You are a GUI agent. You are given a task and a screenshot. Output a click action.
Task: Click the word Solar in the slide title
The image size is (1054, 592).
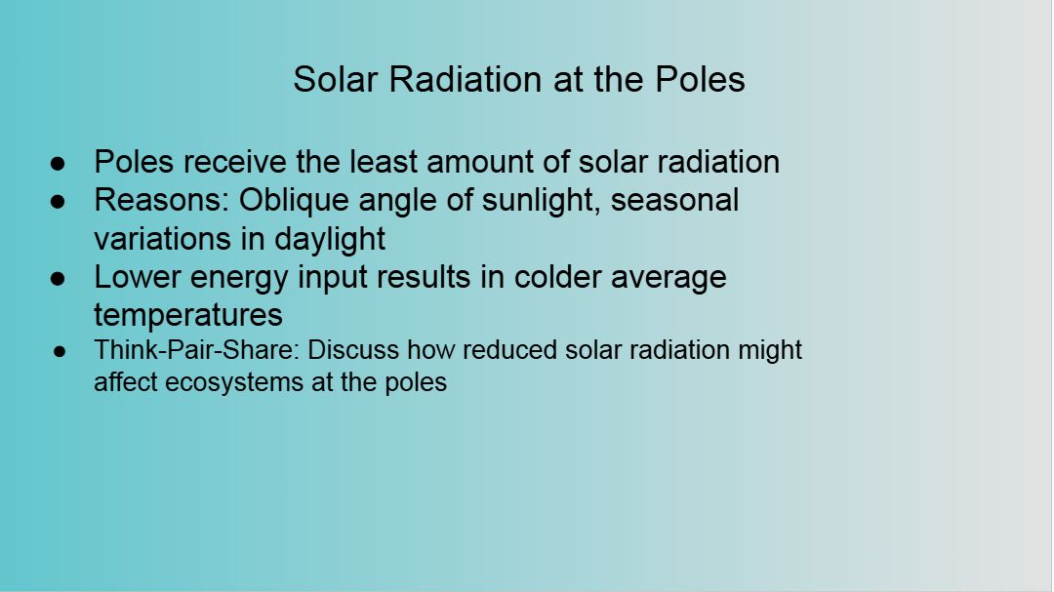[x=335, y=79]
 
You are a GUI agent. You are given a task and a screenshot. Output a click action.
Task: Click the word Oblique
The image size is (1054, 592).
[x=294, y=201]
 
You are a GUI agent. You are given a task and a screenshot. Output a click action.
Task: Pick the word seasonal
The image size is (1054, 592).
[x=674, y=200]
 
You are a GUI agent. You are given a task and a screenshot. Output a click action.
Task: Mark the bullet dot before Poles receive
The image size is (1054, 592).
[x=58, y=163]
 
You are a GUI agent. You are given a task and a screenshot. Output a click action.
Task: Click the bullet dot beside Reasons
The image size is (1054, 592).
[x=58, y=202]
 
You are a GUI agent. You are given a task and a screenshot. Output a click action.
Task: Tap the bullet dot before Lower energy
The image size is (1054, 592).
[x=58, y=278]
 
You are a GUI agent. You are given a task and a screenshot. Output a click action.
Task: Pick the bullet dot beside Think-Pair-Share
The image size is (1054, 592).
[x=60, y=351]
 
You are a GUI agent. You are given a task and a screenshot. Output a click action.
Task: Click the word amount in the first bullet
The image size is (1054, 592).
[x=498, y=162]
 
